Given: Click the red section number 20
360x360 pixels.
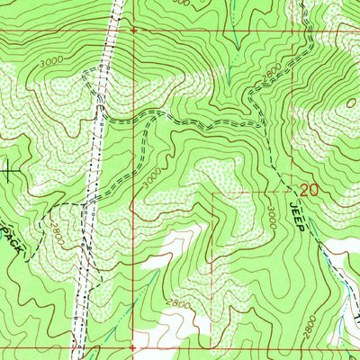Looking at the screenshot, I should tap(310, 190).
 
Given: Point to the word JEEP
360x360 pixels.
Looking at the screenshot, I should tap(299, 217).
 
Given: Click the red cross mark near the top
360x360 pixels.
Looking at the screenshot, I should tap(133, 30).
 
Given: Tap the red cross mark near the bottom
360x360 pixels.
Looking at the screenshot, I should tap(132, 345).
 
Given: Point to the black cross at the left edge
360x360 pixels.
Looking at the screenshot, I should tap(9, 167).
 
